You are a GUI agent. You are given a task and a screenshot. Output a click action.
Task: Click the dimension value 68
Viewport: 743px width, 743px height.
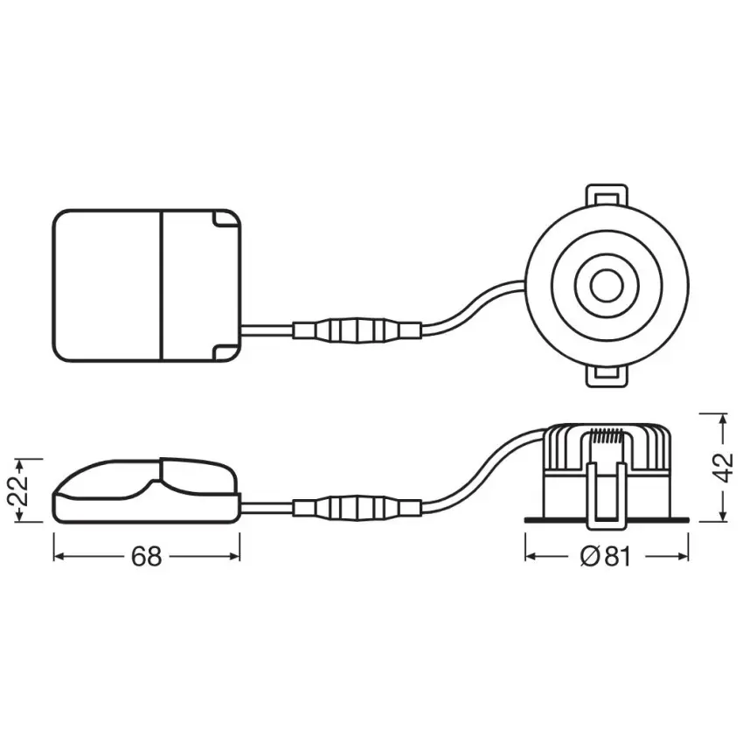[147, 556]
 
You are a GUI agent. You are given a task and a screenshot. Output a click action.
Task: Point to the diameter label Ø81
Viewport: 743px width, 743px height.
[604, 556]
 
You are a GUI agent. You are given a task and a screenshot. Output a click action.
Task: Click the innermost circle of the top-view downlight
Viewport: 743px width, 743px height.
[603, 285]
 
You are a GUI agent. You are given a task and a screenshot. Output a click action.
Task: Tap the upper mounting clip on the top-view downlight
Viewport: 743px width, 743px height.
[607, 195]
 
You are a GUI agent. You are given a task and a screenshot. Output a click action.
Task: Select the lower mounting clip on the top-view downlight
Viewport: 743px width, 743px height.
[607, 375]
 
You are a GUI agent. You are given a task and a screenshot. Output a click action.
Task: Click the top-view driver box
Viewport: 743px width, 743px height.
[147, 285]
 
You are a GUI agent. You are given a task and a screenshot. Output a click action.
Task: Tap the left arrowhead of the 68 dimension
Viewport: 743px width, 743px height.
[59, 556]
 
